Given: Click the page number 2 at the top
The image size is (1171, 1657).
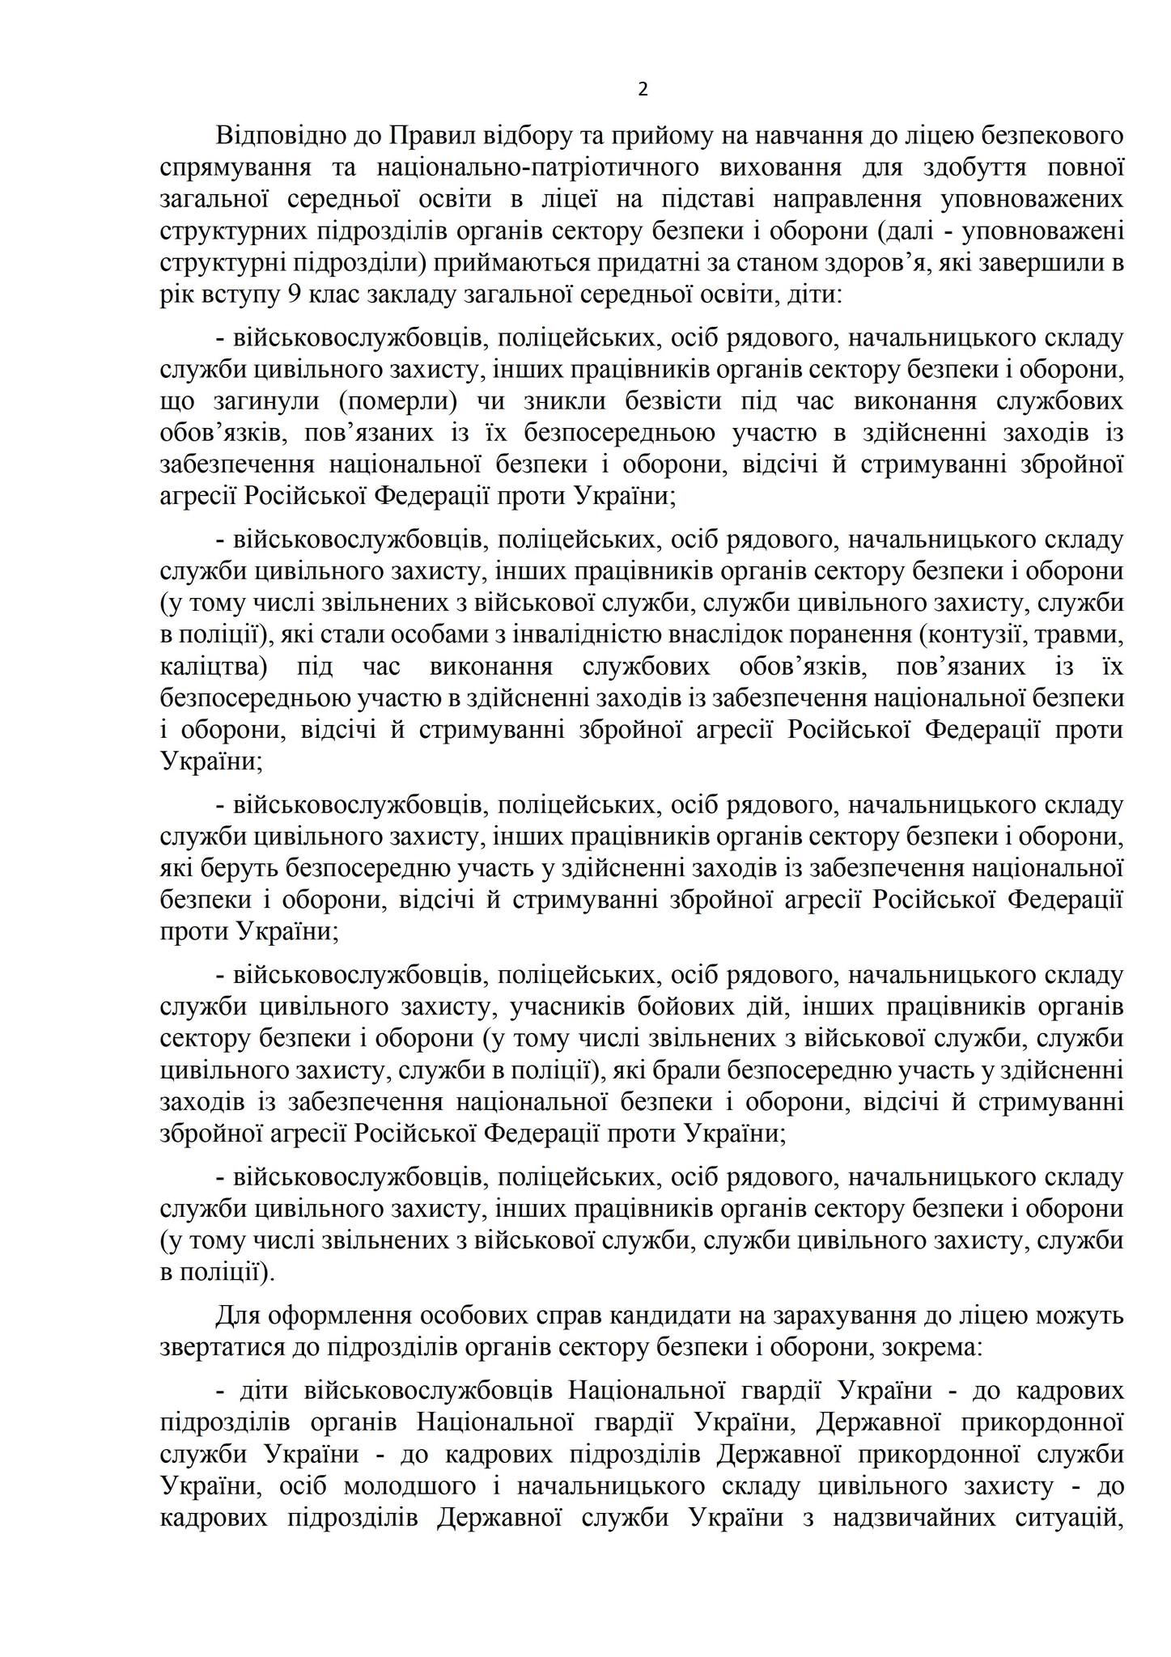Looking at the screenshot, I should [x=643, y=90].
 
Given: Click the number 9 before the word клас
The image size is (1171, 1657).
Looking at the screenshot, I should [x=294, y=295].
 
